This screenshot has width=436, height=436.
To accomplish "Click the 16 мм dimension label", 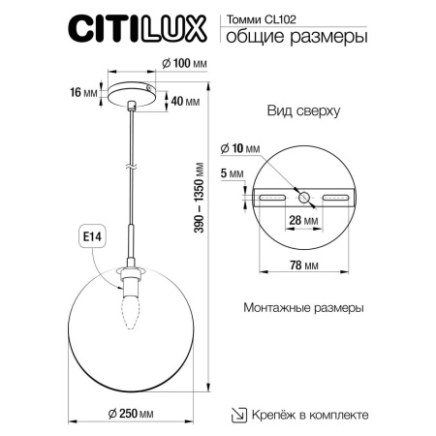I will [x=84, y=93].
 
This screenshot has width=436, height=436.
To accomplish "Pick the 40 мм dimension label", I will [x=188, y=101].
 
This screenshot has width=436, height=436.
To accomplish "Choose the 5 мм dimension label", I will [x=232, y=174].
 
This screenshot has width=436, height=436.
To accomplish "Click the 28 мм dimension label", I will [x=305, y=222].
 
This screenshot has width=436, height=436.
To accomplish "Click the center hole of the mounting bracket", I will [x=305, y=197].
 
